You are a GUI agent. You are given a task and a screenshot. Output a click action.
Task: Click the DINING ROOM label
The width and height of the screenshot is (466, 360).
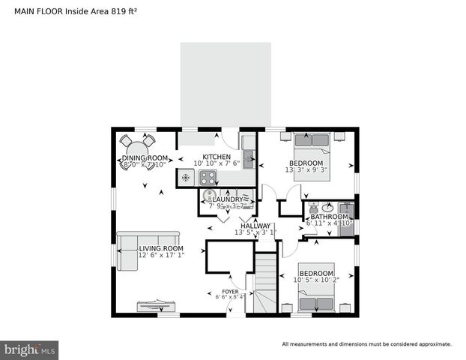point(144,157)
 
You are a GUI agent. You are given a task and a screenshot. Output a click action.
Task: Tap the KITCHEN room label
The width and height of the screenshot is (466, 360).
point(217,156)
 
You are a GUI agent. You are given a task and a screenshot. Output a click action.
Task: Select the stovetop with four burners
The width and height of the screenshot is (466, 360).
point(208,178)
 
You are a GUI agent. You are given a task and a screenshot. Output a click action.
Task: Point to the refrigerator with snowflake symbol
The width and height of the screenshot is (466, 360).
point(187,178)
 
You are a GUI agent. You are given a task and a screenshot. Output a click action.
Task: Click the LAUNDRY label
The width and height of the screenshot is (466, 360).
point(228,199)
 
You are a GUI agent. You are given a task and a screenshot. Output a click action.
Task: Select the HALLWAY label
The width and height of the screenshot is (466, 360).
point(255,225)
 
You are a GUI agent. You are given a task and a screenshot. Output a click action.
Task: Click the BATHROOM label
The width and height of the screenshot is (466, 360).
point(330,216)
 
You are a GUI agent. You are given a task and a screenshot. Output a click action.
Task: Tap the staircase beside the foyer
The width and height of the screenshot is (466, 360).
point(265,283)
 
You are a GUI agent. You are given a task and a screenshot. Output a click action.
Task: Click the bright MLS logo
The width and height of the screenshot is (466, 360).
point(30,349)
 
